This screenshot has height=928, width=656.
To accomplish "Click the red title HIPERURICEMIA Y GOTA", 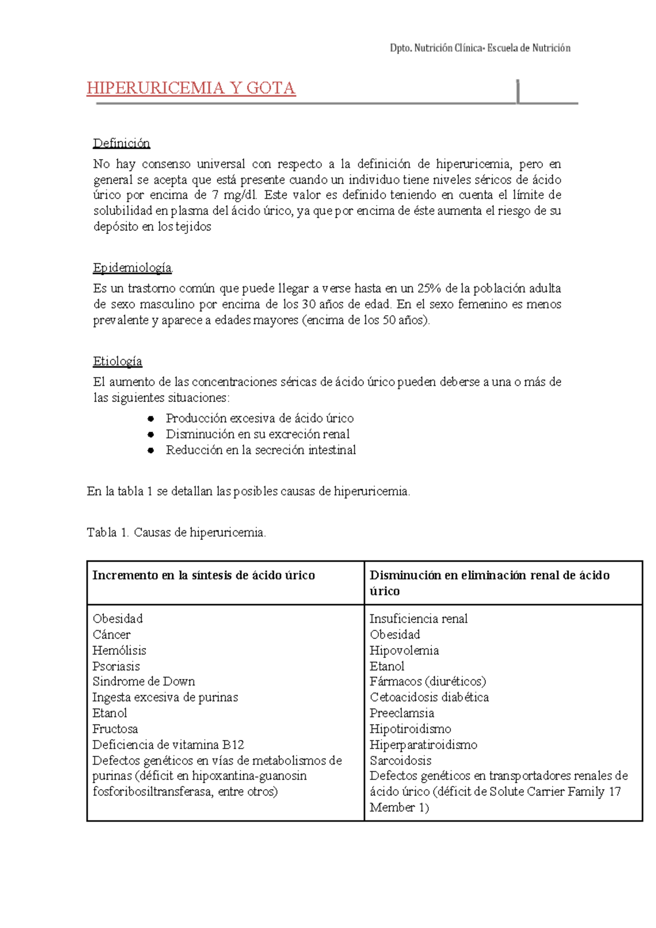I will point(191,88).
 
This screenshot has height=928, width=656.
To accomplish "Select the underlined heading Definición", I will point(121,143).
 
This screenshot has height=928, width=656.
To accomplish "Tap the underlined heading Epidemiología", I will point(132,268).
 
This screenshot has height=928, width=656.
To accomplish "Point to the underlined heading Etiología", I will point(118,361).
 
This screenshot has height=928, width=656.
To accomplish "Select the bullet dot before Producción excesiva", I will point(151,419).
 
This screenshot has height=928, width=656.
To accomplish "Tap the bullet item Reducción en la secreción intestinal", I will point(261,450).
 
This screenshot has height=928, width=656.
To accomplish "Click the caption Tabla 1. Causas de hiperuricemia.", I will point(176,533).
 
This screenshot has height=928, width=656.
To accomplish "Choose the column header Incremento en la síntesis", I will point(203,575).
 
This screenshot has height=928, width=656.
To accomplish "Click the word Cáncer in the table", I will point(112,635).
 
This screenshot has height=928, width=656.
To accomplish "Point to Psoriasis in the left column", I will point(116,667).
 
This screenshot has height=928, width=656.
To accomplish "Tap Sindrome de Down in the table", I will point(143,682).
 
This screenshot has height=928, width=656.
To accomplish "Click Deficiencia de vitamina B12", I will point(168,745).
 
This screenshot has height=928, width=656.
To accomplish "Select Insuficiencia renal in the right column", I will point(418,619).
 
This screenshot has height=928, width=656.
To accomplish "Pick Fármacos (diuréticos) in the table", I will point(427,682).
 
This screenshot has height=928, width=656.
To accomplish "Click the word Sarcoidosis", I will point(400,761).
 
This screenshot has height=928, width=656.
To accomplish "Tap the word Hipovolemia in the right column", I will point(404,651).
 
